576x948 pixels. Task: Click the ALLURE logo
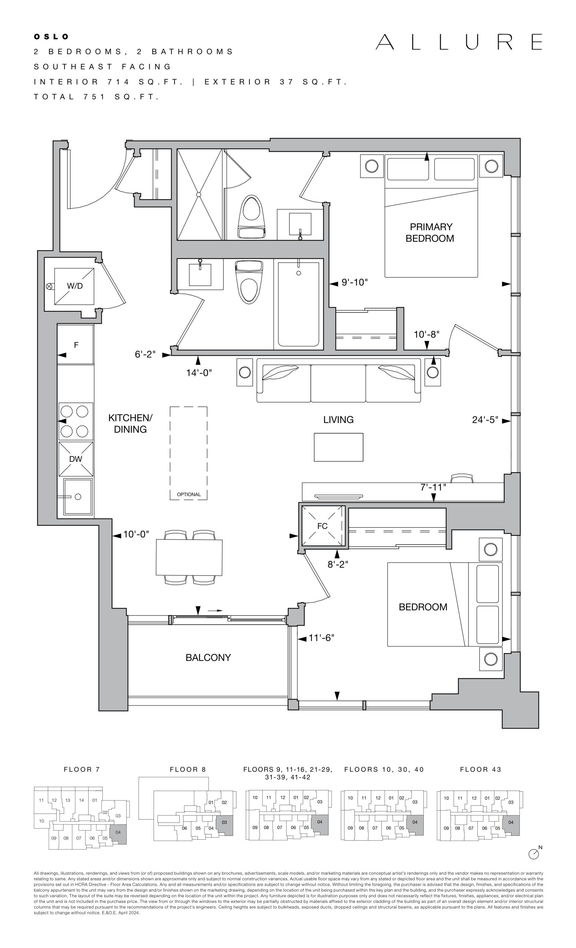(x=459, y=42)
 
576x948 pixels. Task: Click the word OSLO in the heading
(x=51, y=37)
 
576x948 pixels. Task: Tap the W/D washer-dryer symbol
(x=74, y=286)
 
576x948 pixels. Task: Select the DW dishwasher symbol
(x=76, y=458)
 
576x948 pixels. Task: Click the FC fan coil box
(x=322, y=525)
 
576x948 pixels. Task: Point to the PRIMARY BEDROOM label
(x=430, y=233)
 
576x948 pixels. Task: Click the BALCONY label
(x=208, y=658)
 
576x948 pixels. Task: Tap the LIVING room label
(x=338, y=420)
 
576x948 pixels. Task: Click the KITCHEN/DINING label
(x=130, y=423)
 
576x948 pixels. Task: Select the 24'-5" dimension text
(x=485, y=420)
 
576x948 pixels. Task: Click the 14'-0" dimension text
(x=199, y=373)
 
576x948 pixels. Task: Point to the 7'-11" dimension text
(x=433, y=487)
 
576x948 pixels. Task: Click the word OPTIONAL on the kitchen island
(x=189, y=494)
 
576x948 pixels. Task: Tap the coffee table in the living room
(x=338, y=447)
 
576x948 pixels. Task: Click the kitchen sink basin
(x=78, y=496)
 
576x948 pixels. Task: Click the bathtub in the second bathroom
(x=298, y=304)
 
